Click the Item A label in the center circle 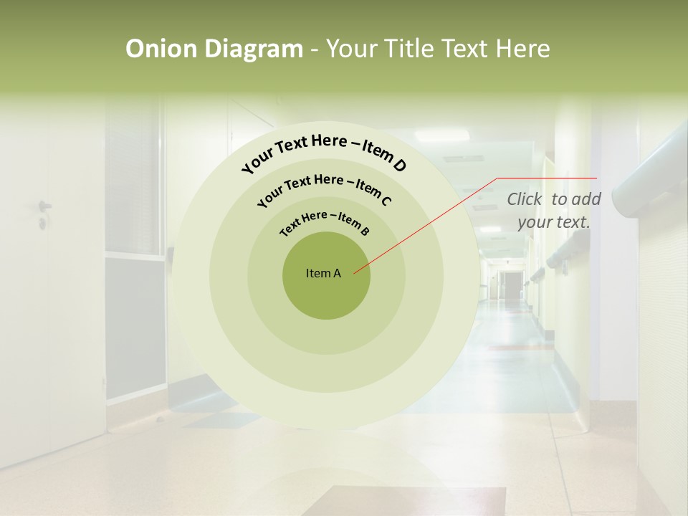tap(323, 273)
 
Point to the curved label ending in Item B tap(325, 224)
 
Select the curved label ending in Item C tap(324, 190)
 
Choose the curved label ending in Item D tap(324, 153)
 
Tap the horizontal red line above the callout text tap(547, 178)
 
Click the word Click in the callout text tap(525, 200)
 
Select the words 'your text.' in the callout tap(554, 222)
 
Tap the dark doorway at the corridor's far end tap(511, 286)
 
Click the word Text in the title tap(464, 49)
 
